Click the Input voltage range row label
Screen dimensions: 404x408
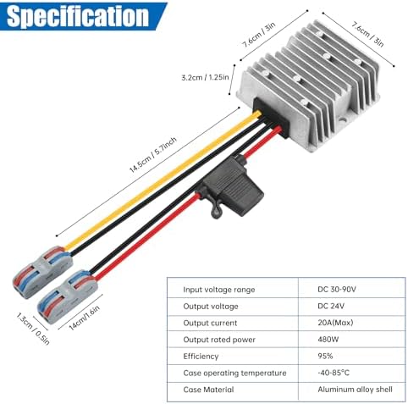click(x=221, y=290)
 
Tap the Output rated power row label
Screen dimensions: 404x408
click(x=222, y=340)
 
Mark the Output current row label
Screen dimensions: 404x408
click(x=212, y=323)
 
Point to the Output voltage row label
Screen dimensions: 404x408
click(x=212, y=306)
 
